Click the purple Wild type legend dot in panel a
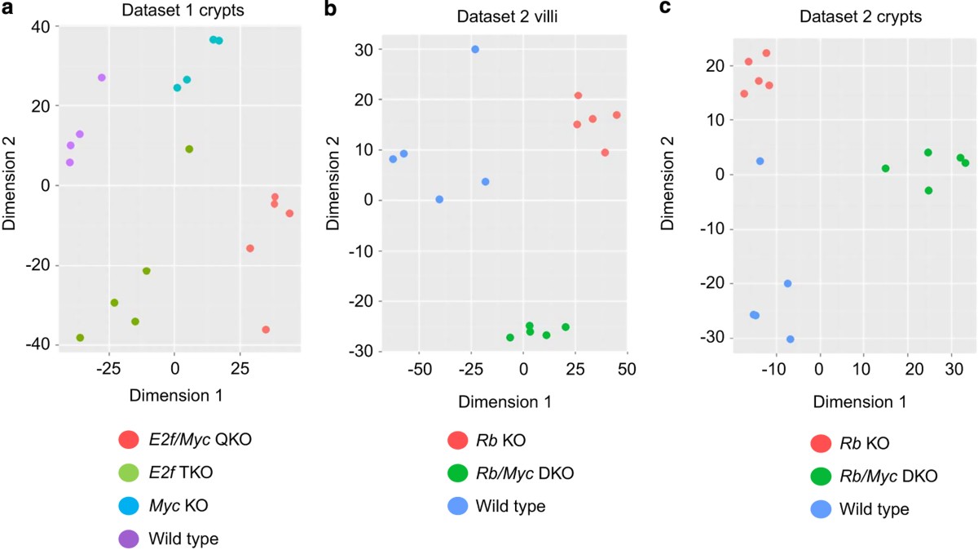click(x=128, y=539)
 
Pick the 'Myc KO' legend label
click(x=178, y=505)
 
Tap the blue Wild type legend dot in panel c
click(x=822, y=509)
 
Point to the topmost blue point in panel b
click(x=475, y=50)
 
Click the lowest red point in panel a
click(x=266, y=330)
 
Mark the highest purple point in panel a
click(x=102, y=78)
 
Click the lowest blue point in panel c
click(x=790, y=339)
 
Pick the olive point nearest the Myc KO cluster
click(x=189, y=149)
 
